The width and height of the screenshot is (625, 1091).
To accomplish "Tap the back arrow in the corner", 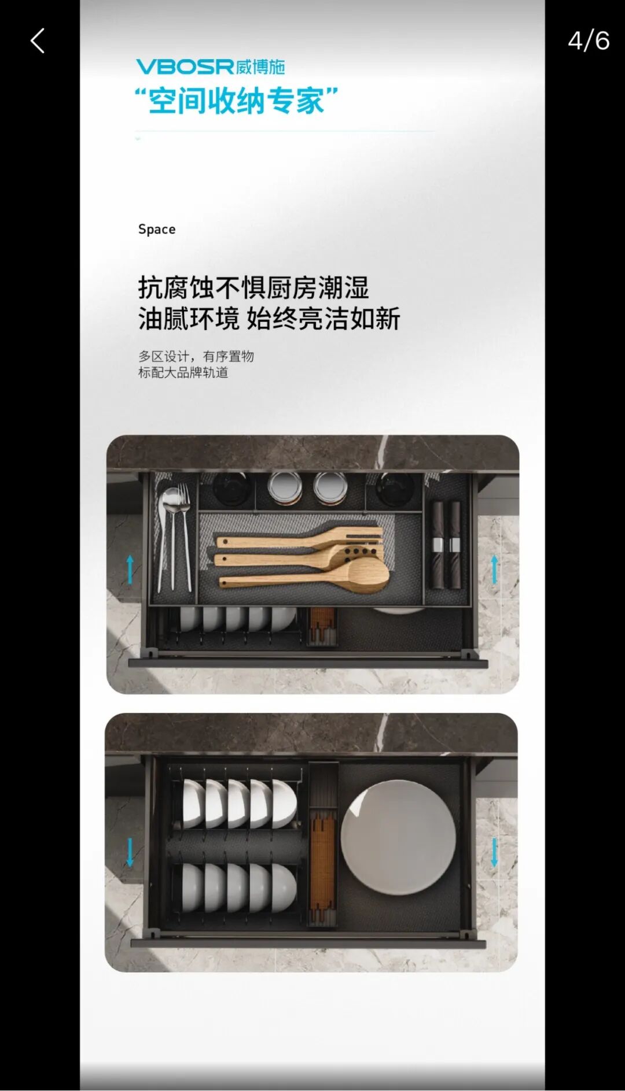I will tap(38, 41).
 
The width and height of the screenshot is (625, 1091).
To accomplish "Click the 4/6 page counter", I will tap(588, 41).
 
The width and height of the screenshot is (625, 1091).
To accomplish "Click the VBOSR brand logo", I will tap(211, 66).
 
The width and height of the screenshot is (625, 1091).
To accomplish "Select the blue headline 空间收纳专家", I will tap(236, 101).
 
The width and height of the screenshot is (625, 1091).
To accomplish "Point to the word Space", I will tap(157, 230).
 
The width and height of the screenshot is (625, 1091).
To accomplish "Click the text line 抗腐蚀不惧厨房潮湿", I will tap(253, 287).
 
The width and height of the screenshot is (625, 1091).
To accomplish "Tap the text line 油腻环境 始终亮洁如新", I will tap(269, 319).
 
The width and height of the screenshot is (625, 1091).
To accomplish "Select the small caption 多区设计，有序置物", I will tap(196, 356).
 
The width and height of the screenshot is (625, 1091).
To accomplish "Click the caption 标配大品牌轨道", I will tap(183, 372).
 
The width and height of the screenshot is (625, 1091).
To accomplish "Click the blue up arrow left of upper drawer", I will tap(130, 569).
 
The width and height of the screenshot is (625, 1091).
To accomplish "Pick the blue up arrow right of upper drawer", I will tap(494, 569).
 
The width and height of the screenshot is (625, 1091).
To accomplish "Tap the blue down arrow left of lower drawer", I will tap(130, 852).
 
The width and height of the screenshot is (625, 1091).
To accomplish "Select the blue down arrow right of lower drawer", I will tap(494, 852).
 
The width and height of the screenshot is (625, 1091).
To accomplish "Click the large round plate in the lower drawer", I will tap(398, 837).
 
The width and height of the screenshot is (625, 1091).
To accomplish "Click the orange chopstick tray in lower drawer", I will tap(323, 861).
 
